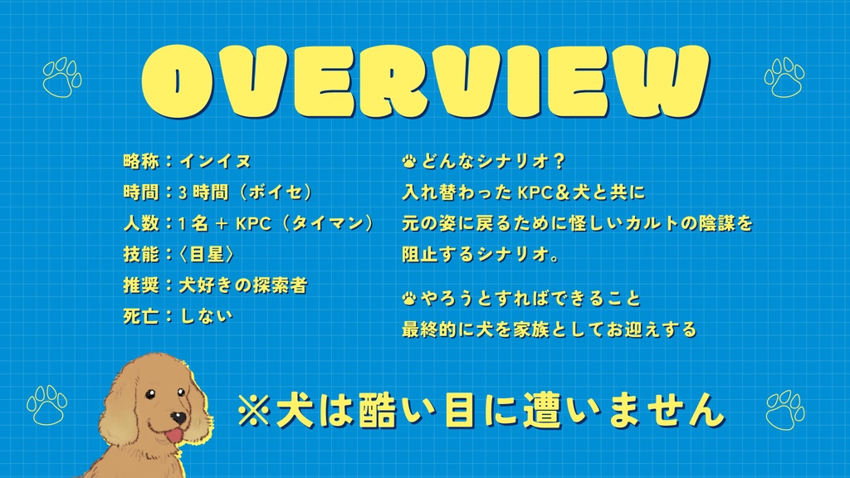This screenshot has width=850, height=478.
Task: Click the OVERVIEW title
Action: [424, 80]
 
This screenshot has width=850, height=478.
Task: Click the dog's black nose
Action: [178, 417]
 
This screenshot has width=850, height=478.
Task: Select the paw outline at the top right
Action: [784, 77]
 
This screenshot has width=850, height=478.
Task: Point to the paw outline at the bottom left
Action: [46, 405]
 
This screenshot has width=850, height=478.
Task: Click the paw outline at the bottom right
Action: [784, 409]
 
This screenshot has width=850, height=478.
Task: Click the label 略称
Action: [140, 161]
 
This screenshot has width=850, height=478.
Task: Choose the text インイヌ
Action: [215, 161]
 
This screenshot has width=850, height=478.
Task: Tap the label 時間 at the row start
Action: [140, 193]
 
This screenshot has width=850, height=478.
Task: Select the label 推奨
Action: [140, 285]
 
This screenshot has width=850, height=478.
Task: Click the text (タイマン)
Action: [327, 223]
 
